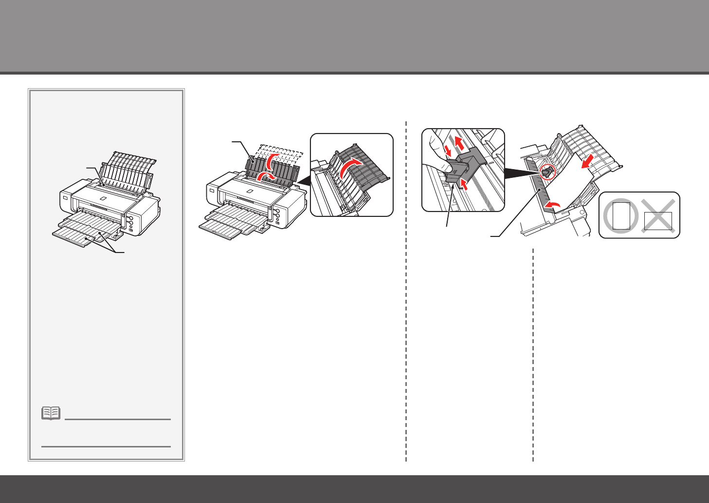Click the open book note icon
point(51,413)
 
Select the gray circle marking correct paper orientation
point(620,215)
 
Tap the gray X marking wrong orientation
point(657,215)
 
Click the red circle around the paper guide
point(547,172)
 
